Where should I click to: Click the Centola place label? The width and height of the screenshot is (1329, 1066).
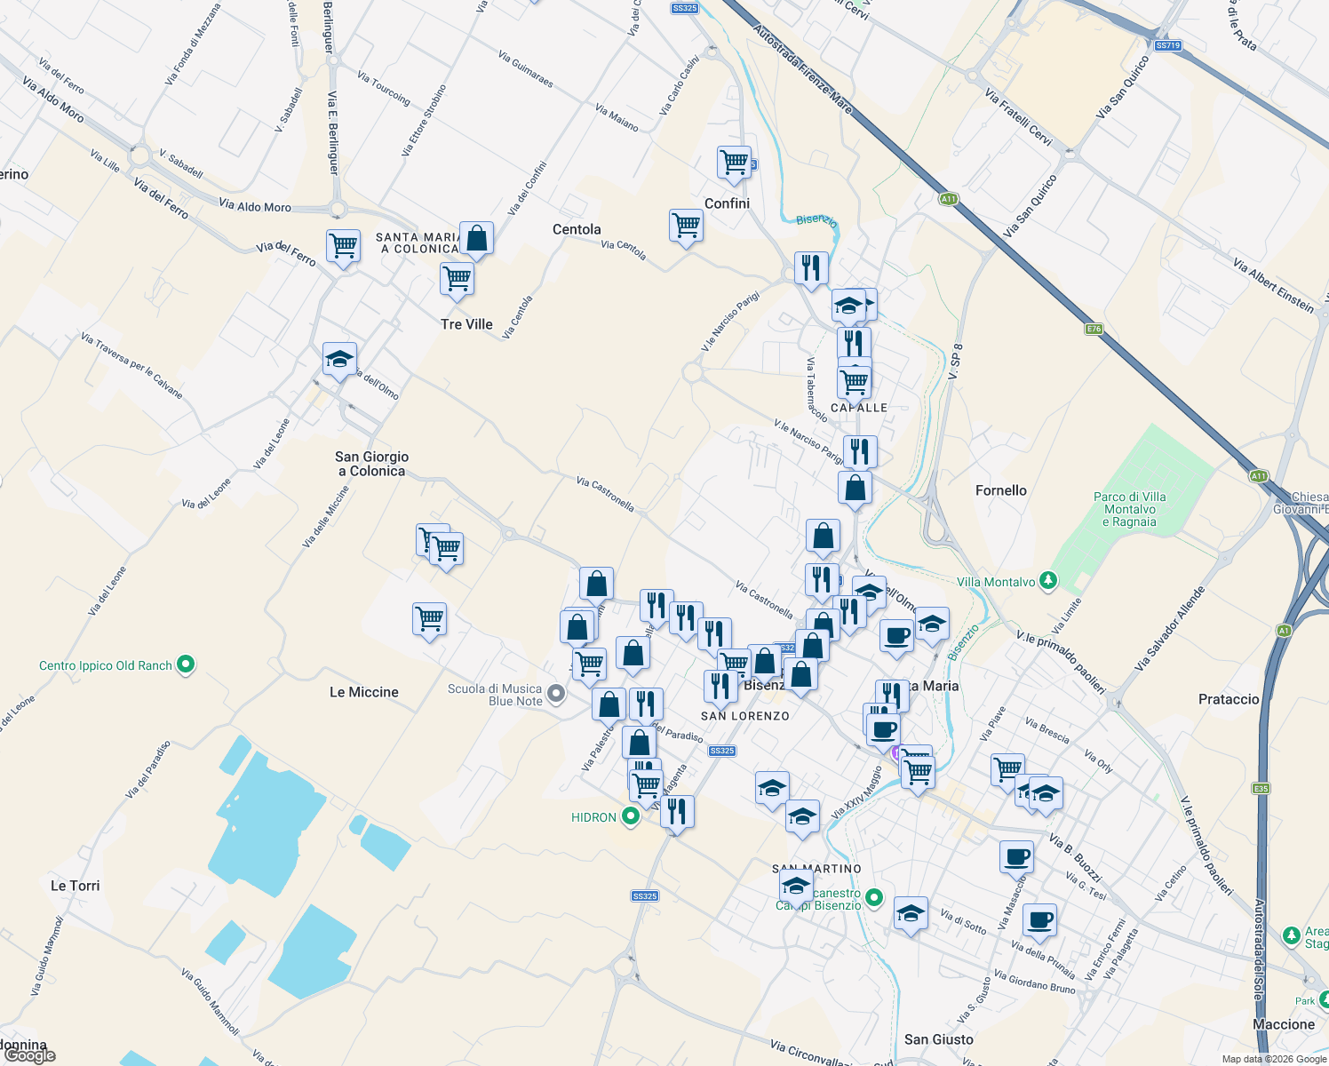(x=577, y=229)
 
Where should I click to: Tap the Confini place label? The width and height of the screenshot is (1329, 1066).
(x=727, y=203)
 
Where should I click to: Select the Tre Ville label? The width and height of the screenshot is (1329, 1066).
(x=466, y=324)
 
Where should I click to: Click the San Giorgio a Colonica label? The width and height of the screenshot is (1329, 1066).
(x=372, y=464)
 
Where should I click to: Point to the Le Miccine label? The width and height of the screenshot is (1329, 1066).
(x=364, y=692)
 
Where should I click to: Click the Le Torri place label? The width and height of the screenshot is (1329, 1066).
(x=76, y=886)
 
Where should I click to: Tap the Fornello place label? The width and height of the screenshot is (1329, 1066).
(x=1001, y=490)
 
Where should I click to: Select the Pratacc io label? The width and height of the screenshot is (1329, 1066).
(x=1229, y=699)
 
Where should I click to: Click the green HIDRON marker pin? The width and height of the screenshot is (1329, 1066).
(x=631, y=816)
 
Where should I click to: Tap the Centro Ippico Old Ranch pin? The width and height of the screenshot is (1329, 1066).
(x=186, y=664)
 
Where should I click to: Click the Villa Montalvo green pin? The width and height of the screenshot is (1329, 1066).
(x=1048, y=581)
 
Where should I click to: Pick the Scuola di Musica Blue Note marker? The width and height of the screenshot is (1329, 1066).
(x=556, y=694)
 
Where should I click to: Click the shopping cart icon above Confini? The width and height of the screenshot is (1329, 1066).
(x=734, y=163)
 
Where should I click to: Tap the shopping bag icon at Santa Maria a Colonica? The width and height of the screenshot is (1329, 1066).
(x=476, y=239)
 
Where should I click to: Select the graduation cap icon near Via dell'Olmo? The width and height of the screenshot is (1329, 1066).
(x=339, y=360)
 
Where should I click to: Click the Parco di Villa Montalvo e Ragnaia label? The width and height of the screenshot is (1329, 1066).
(x=1130, y=509)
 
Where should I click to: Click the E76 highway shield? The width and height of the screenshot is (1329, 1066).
(x=1094, y=329)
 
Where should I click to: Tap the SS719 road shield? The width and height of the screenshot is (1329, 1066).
(x=1167, y=45)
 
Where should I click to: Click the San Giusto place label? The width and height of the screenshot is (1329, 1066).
(x=939, y=1039)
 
